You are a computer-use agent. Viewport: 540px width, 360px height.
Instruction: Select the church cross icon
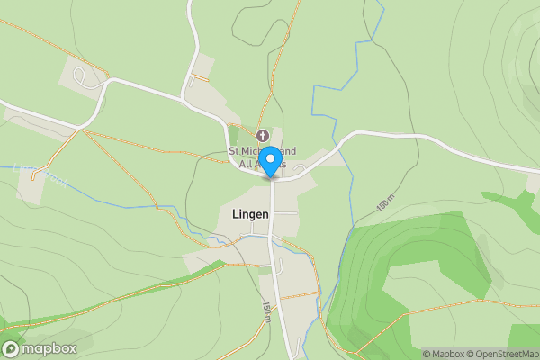point(262,135)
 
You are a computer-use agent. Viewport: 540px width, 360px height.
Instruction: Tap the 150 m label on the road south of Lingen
point(267,309)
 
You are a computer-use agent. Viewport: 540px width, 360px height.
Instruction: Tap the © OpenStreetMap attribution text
point(503,354)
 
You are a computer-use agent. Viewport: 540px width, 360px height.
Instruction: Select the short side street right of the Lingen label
point(285,212)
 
